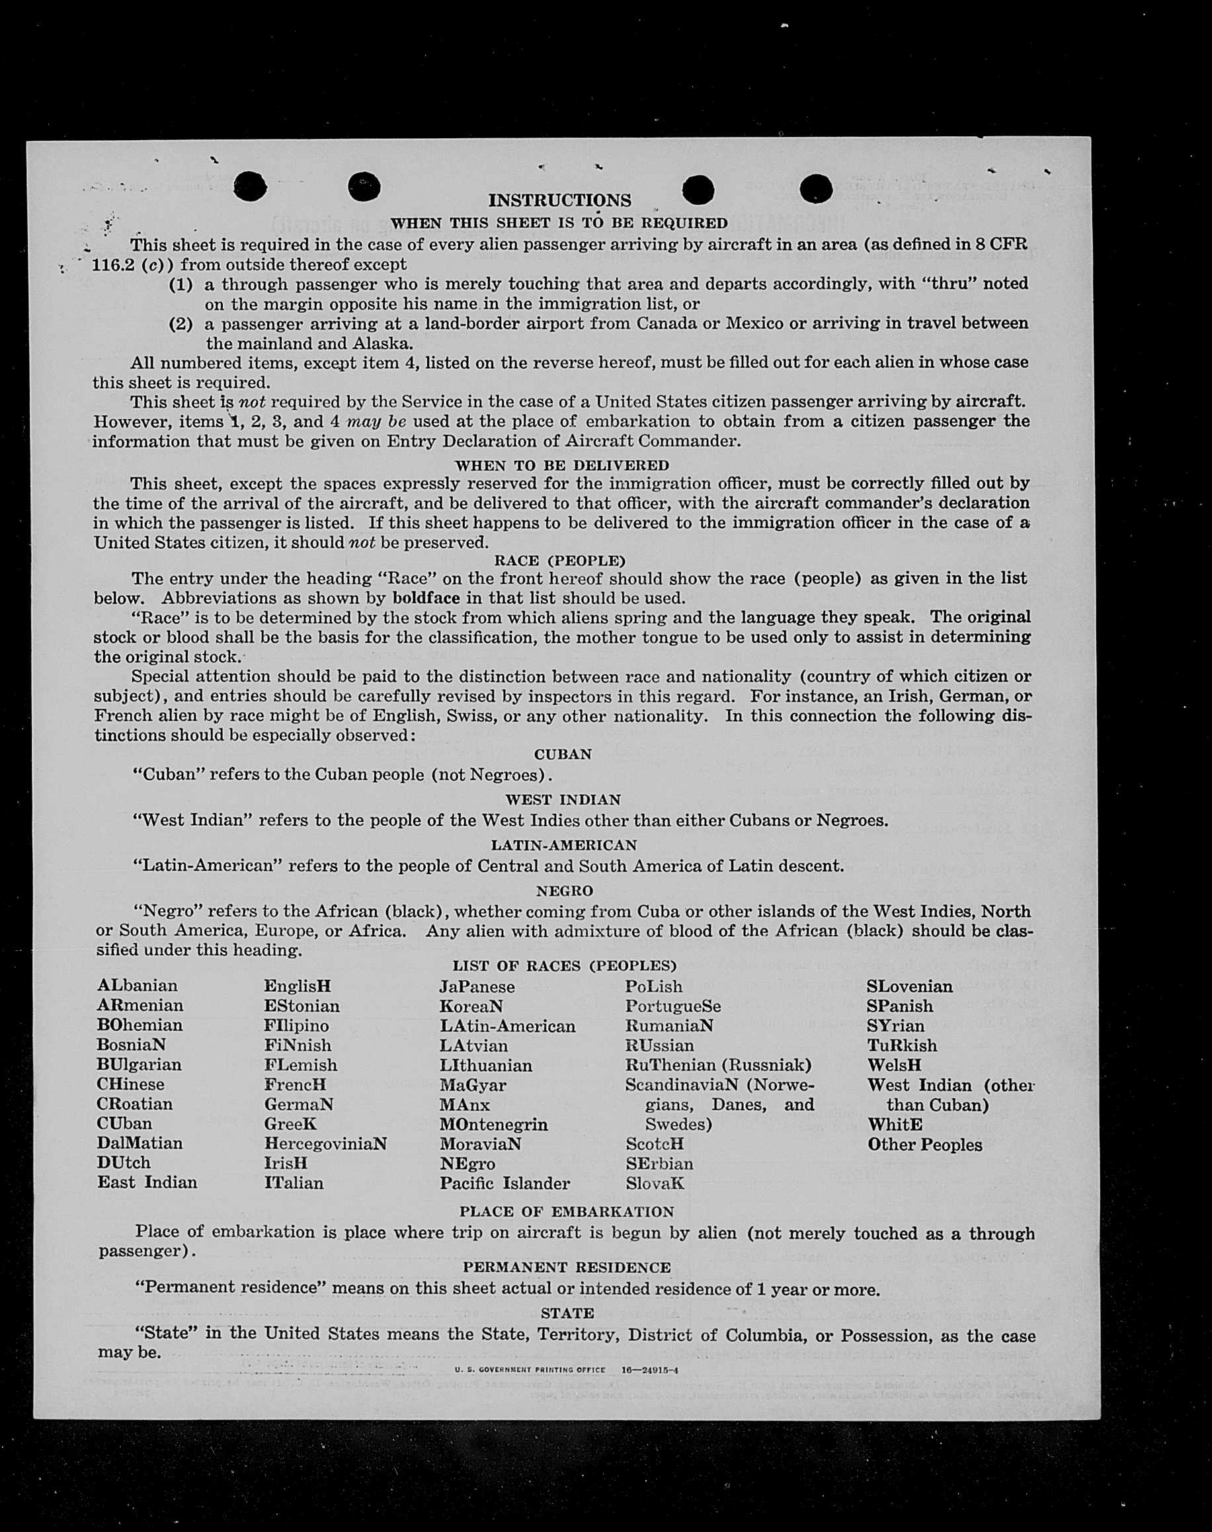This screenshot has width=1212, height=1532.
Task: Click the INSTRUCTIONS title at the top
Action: (559, 201)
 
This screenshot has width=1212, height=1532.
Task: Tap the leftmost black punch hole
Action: (250, 186)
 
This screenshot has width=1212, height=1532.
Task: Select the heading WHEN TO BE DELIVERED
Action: (561, 465)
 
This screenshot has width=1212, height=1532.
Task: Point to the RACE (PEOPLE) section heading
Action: (560, 561)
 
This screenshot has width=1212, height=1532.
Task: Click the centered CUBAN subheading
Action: (562, 754)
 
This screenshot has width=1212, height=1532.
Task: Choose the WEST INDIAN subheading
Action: (563, 799)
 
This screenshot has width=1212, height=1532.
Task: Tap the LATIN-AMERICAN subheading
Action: (563, 845)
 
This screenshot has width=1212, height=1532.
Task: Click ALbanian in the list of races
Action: (138, 986)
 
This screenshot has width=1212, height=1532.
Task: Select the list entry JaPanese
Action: (477, 987)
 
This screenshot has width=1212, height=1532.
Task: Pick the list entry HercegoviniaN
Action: (325, 1143)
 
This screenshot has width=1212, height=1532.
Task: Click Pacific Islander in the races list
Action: (505, 1183)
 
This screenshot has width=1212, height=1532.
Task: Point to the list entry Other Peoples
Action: (924, 1145)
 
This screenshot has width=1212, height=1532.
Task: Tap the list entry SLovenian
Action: (909, 987)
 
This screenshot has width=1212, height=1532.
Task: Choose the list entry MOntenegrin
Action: (493, 1124)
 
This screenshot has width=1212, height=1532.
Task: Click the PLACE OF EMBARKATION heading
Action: (566, 1211)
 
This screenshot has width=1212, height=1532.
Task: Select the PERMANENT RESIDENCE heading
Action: (566, 1268)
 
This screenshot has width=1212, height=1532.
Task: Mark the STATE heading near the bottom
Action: (567, 1312)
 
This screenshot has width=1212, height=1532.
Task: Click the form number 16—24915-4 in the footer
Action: (649, 1370)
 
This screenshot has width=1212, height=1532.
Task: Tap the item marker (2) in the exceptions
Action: (181, 324)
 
